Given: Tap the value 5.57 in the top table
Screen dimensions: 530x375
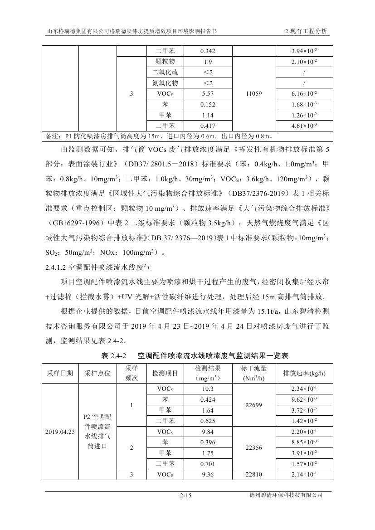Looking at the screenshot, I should point(207,94).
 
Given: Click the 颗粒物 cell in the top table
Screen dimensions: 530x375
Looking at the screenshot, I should point(165,62).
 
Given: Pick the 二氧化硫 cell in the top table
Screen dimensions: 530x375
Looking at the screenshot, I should point(165,73).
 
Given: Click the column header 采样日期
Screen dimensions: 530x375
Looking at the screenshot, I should point(60,373).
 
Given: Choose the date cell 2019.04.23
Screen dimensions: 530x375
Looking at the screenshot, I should point(60,432).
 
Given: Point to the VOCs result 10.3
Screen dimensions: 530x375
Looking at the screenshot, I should point(207,389).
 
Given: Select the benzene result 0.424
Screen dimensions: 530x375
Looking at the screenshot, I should point(207,400).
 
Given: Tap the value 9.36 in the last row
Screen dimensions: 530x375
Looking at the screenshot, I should point(207,474).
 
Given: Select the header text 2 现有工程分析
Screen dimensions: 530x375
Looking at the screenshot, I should point(306,32).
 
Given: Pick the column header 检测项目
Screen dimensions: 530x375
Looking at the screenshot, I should point(165,373).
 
